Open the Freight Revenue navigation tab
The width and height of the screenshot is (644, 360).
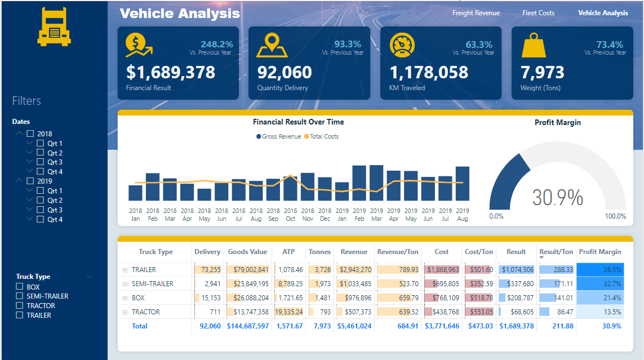point(476,13)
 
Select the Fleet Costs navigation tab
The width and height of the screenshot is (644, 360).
point(538,13)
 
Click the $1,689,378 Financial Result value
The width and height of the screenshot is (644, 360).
point(171,72)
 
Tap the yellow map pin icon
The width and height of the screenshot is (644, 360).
point(272,46)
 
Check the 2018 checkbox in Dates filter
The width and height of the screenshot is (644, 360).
point(30,134)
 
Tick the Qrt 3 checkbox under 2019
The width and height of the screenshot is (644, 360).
point(40,210)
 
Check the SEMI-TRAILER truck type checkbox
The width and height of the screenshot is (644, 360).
point(20,296)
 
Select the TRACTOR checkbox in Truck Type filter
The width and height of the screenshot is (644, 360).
point(20,306)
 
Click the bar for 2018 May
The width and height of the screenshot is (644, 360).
point(205,194)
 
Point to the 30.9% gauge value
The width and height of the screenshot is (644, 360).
point(557,198)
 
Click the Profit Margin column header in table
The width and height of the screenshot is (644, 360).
point(599,252)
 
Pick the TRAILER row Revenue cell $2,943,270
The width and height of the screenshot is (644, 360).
point(356,270)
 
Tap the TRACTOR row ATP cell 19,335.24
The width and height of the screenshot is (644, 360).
point(289,312)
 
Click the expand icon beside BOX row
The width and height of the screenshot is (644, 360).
point(125,298)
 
